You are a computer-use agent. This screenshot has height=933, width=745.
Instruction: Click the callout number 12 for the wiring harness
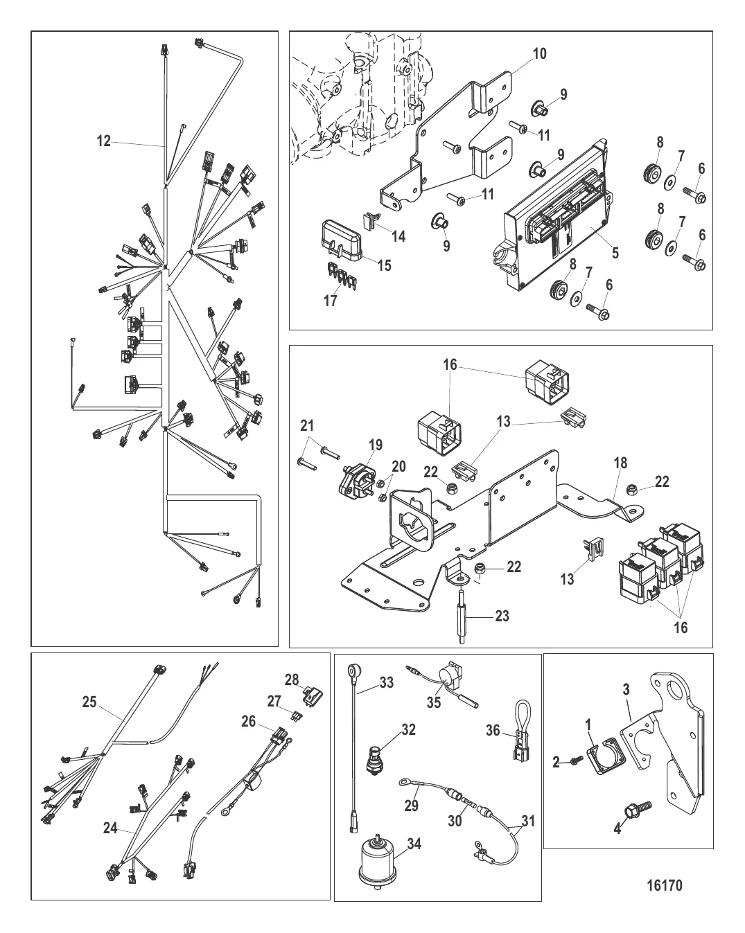[103, 141]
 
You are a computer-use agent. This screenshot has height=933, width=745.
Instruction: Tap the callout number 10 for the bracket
[539, 53]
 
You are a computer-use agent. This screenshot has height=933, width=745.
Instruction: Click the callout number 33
[386, 684]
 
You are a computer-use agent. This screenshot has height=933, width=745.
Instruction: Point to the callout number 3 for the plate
[626, 690]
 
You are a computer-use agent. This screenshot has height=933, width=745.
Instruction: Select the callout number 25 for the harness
[89, 702]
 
